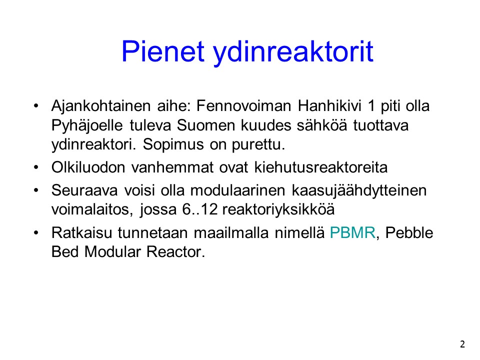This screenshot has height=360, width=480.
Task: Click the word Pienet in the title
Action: pyautogui.click(x=163, y=51)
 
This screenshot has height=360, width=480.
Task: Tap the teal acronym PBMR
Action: pyautogui.click(x=352, y=232)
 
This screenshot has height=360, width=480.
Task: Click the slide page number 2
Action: pyautogui.click(x=462, y=344)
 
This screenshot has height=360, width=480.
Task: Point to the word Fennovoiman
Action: pyautogui.click(x=243, y=106)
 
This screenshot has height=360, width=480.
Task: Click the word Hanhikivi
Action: pyautogui.click(x=329, y=106)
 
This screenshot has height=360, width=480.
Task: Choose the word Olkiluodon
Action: pyautogui.click(x=88, y=167)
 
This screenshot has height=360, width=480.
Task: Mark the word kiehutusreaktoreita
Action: pyautogui.click(x=321, y=167)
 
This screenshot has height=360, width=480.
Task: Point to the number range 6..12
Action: pyautogui.click(x=200, y=209)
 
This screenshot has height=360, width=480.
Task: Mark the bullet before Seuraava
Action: pyautogui.click(x=36, y=190)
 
